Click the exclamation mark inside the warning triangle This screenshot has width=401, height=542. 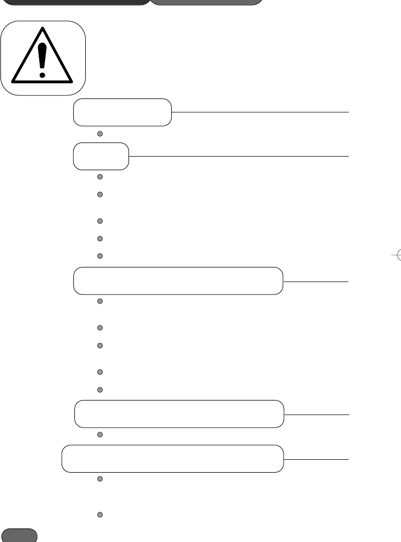point(43,58)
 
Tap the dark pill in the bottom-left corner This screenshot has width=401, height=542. point(20,535)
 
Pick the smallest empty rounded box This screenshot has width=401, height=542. point(101,157)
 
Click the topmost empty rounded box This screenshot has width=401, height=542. point(122,112)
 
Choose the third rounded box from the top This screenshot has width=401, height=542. point(178,281)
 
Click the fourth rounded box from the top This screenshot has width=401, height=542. point(179,414)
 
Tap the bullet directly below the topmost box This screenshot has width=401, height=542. point(100,134)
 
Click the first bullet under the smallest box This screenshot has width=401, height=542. point(100,177)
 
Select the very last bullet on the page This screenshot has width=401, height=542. point(100,515)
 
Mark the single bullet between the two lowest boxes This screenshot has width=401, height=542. point(100,434)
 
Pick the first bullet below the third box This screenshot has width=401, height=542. point(100,302)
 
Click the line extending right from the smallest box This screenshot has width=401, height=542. point(238,157)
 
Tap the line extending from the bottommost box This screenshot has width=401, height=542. point(316,459)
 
